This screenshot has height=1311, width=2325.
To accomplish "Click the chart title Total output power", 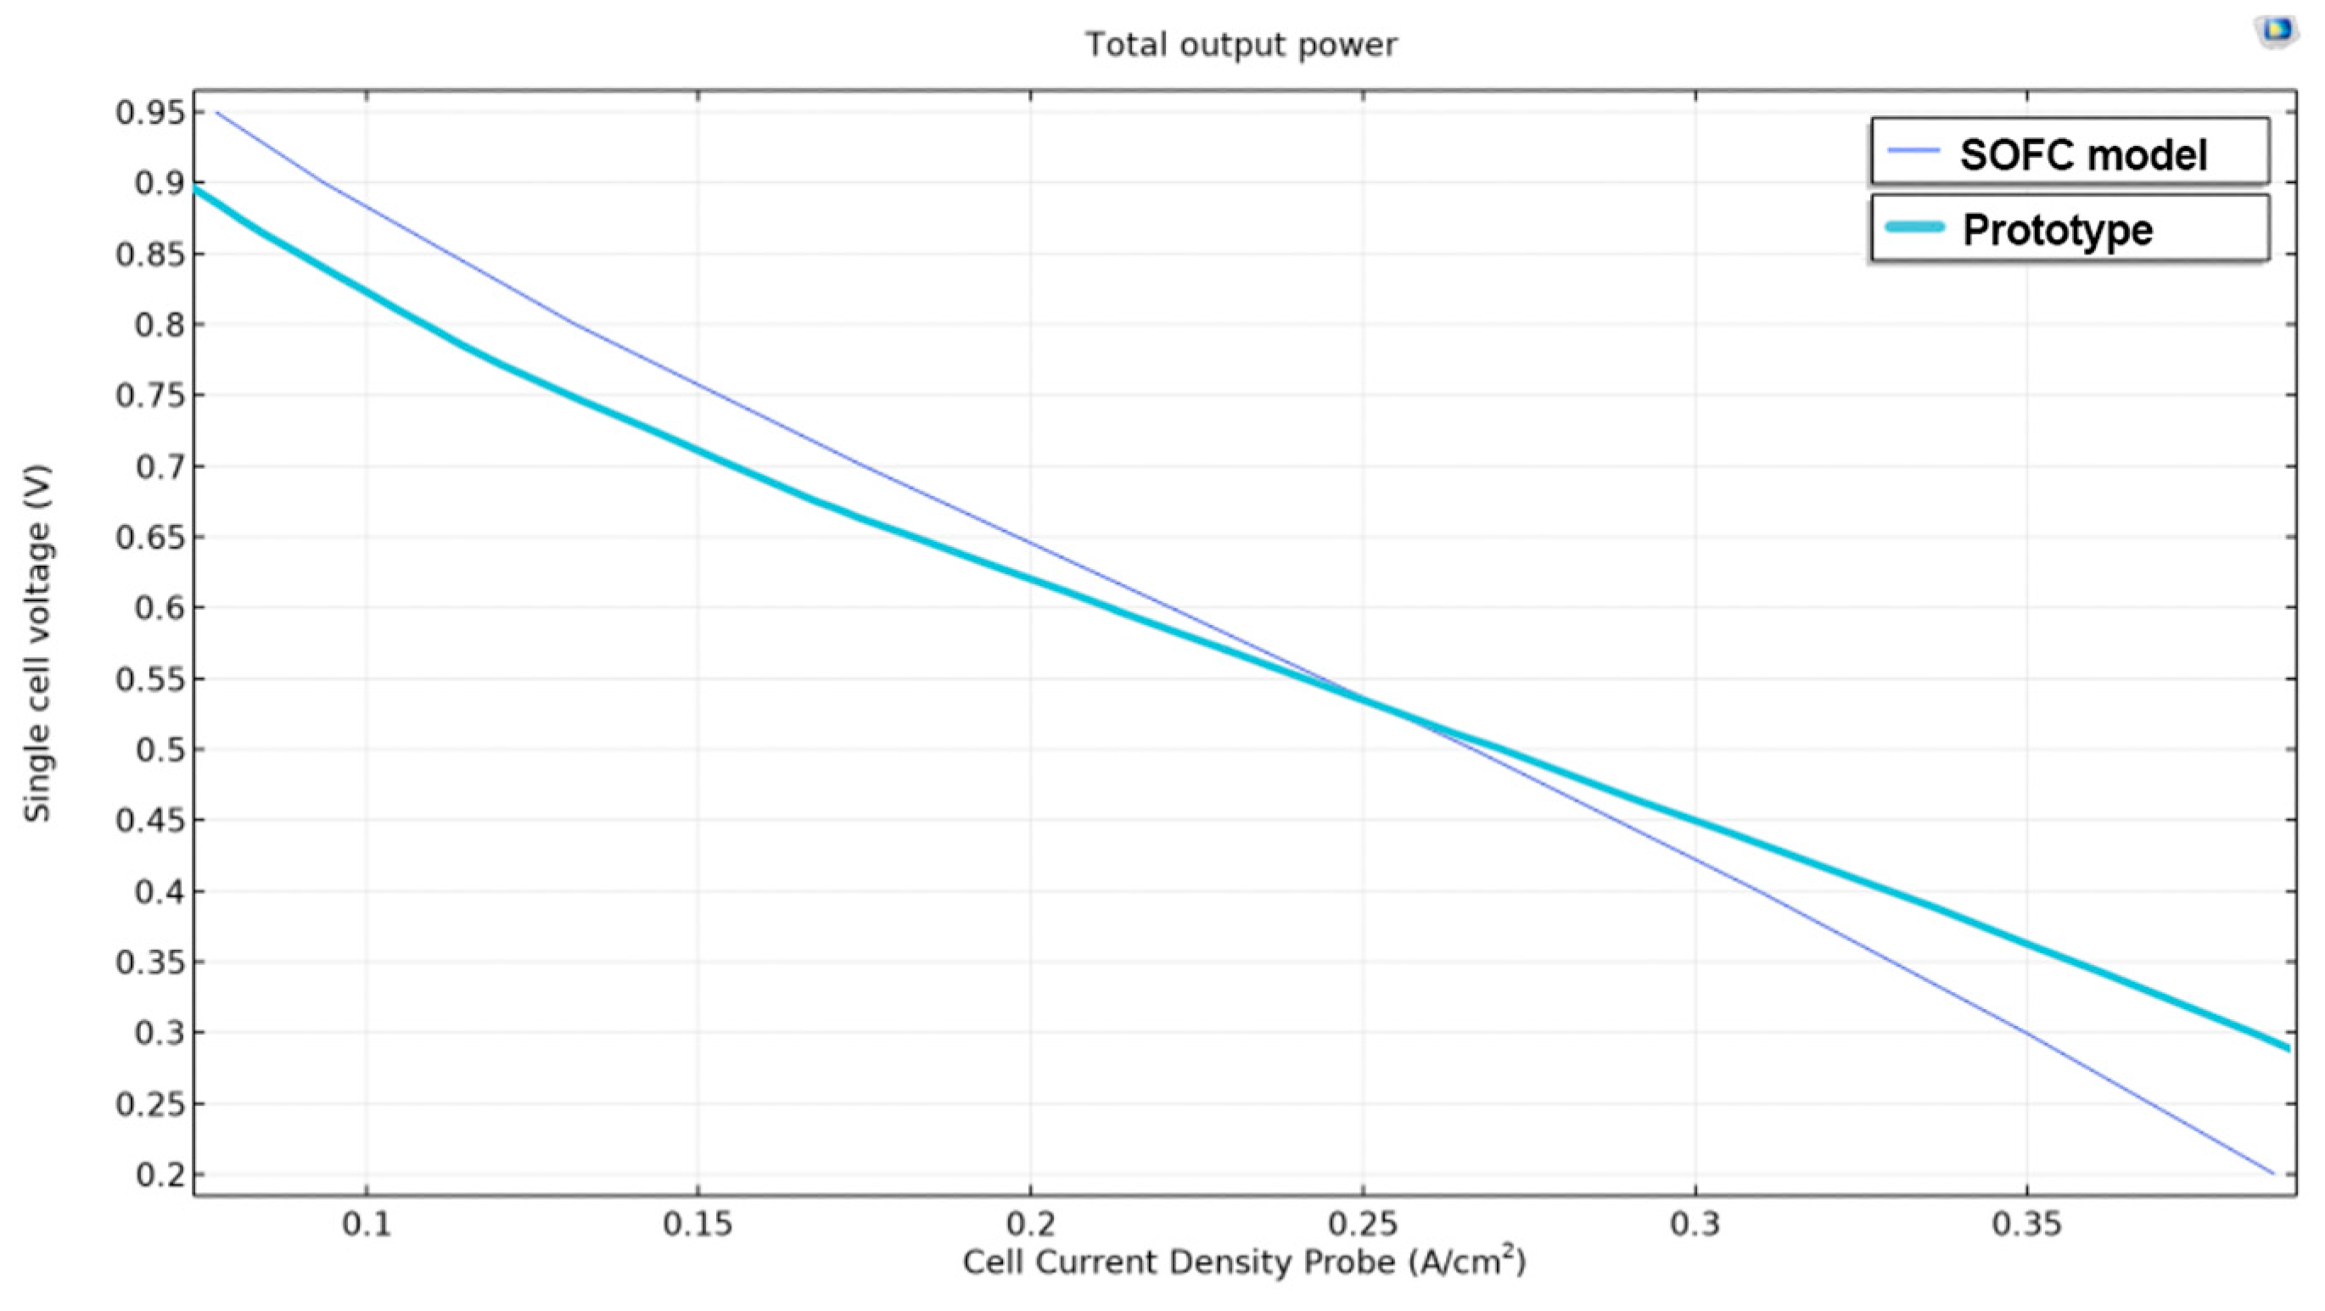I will click(x=1241, y=44).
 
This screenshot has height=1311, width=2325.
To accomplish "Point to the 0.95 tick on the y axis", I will click(x=151, y=113).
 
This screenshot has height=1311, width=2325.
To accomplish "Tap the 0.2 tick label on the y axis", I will click(x=159, y=1174).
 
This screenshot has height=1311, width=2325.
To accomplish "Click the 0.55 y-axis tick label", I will click(x=151, y=678).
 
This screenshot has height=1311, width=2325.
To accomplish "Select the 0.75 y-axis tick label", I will click(x=151, y=395).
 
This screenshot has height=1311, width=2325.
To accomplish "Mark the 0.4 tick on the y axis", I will click(x=159, y=891).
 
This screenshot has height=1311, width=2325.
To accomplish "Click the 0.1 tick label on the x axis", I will click(x=366, y=1225).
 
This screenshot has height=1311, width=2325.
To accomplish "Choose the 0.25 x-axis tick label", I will click(x=1363, y=1225).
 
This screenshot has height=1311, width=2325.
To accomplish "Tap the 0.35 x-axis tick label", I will click(x=2027, y=1225).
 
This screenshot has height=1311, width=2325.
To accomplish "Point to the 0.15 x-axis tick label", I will click(x=697, y=1225).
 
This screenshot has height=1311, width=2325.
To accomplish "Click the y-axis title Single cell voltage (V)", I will click(x=37, y=643).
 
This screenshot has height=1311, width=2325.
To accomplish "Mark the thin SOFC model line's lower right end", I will click(x=2272, y=1174).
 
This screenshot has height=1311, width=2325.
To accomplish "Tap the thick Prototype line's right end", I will click(x=2288, y=1047).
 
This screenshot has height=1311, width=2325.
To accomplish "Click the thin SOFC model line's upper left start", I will click(x=217, y=113).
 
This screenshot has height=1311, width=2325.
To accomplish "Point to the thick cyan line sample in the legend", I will click(x=1914, y=228).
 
